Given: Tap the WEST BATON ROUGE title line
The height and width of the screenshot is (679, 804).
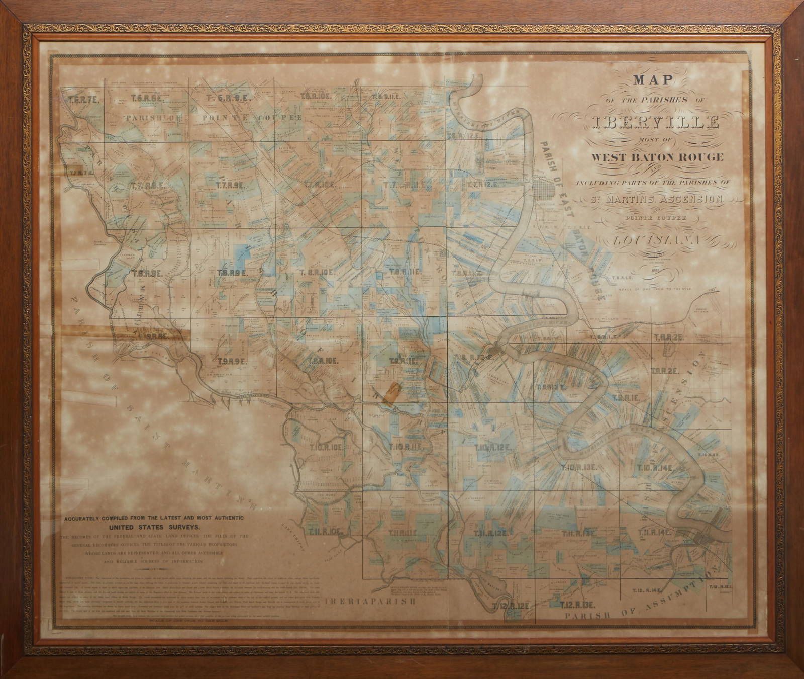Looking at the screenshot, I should tap(657, 157).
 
